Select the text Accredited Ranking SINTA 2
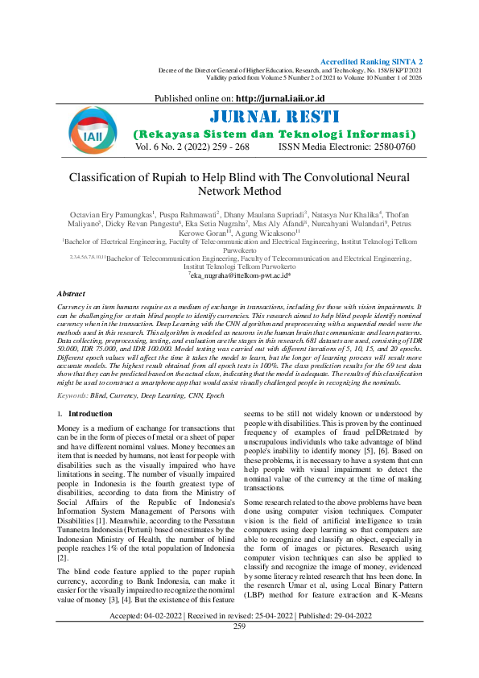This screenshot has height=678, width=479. [371, 62]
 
